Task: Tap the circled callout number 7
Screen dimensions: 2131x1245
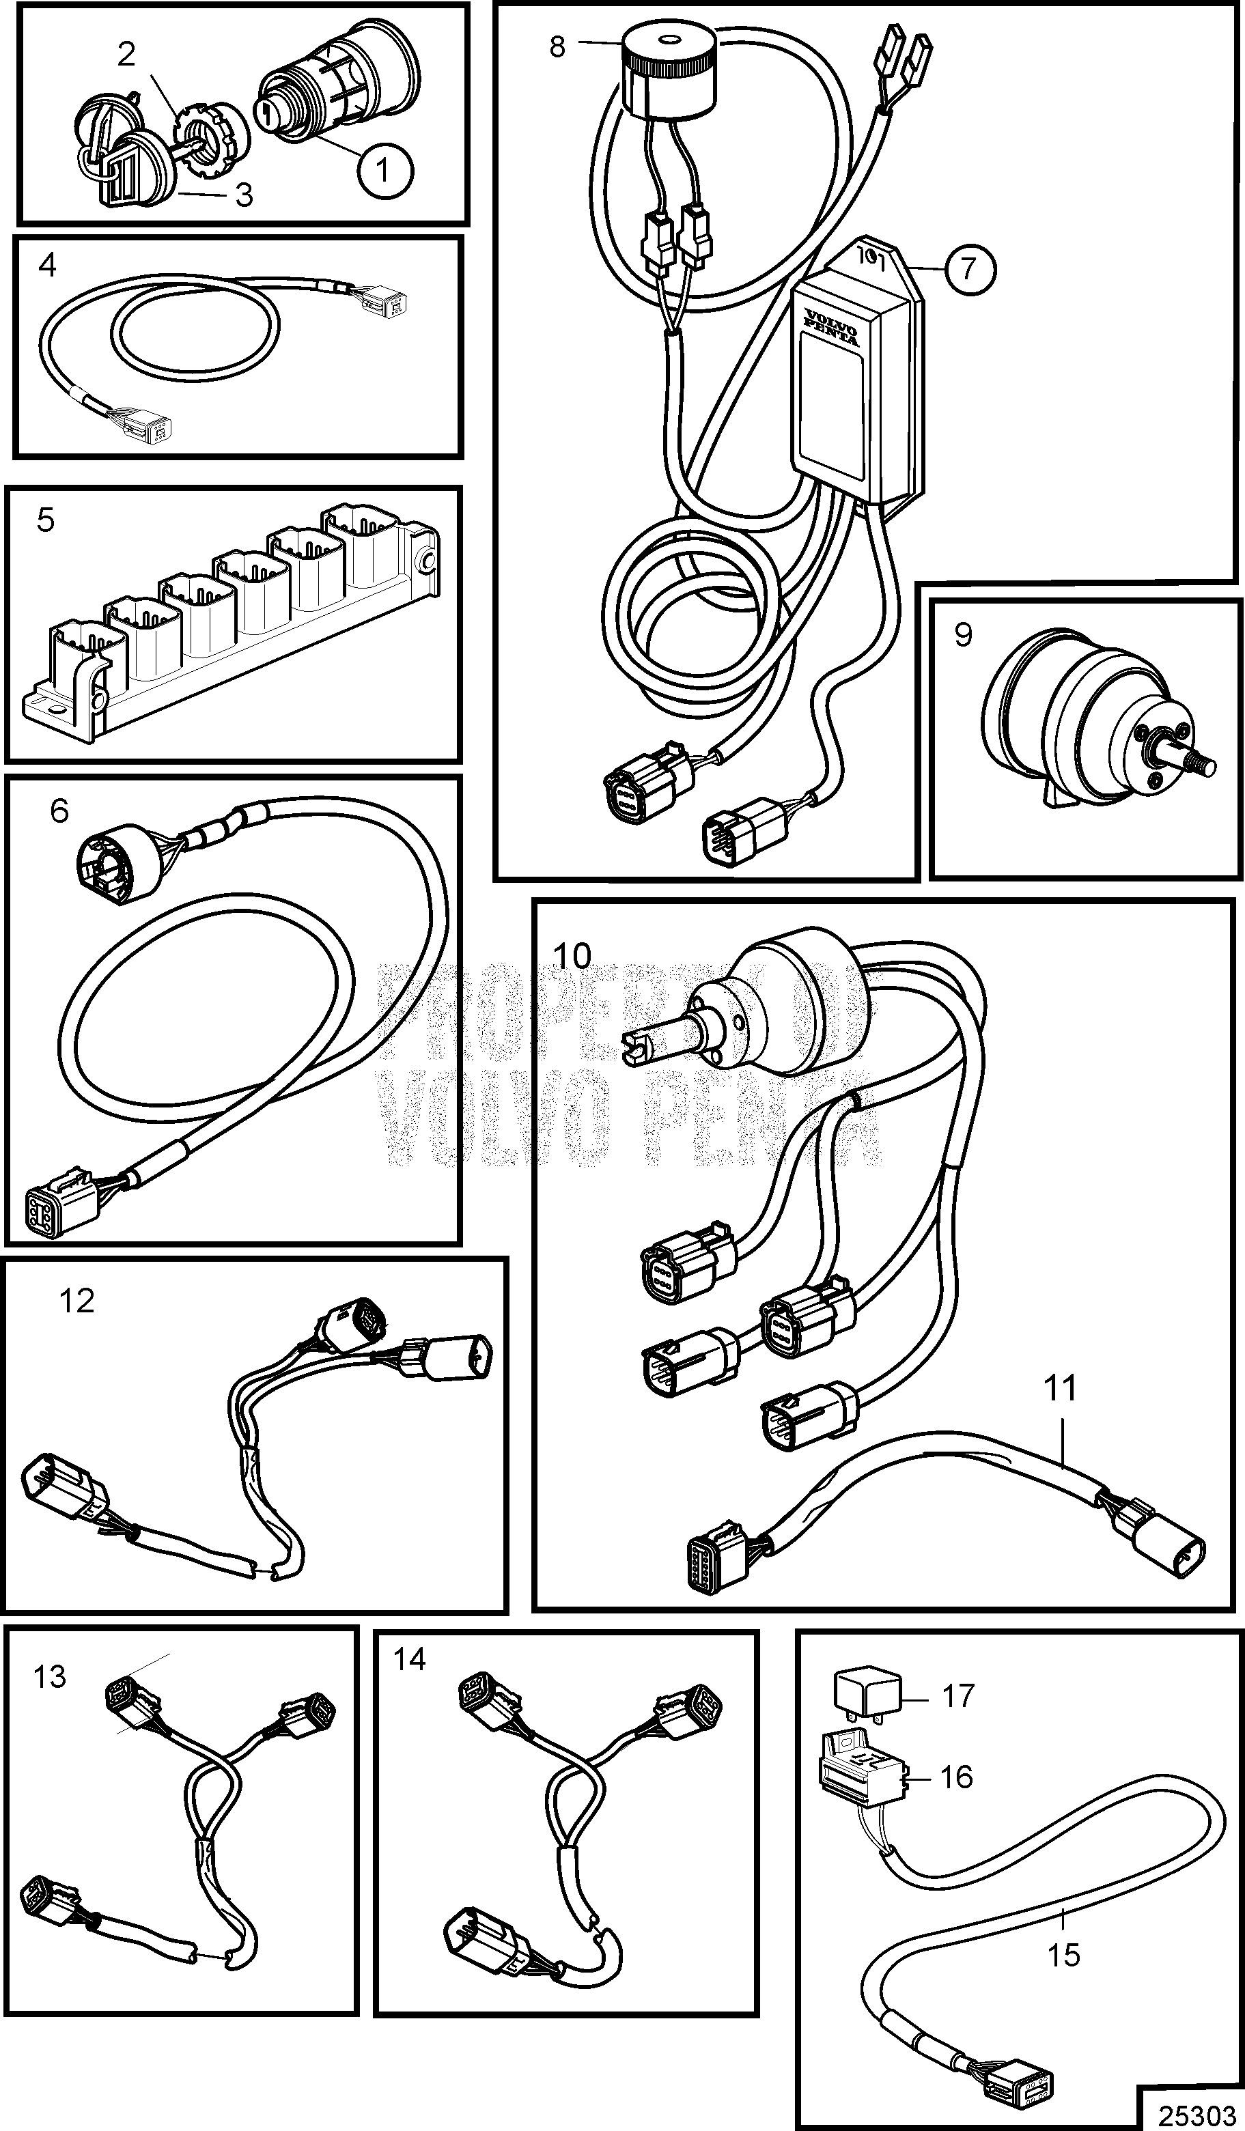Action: coord(969,268)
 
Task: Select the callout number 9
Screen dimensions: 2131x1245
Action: coord(964,635)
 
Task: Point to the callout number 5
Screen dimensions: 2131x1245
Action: coord(46,519)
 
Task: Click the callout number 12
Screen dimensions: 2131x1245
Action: coord(77,1301)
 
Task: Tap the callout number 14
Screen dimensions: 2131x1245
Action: coord(409,1660)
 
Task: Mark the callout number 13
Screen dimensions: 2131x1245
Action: coord(50,1676)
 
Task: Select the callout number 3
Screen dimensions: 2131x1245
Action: coord(244,195)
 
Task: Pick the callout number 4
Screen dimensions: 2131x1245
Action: coord(47,266)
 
